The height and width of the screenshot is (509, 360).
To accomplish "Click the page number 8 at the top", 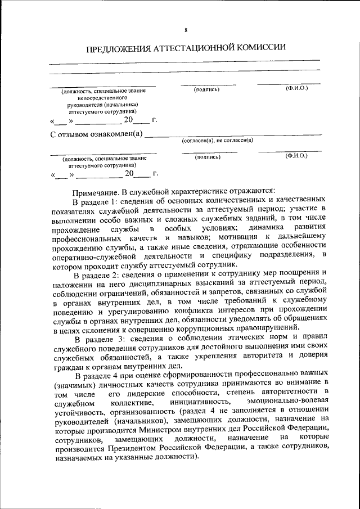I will click(185, 30).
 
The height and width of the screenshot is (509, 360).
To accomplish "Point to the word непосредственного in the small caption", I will click(104, 97).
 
